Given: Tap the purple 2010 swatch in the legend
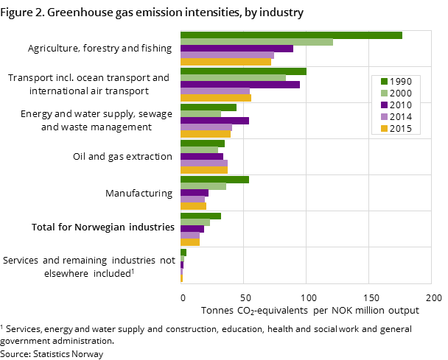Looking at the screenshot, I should point(383,105).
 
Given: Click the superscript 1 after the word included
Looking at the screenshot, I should point(133,271).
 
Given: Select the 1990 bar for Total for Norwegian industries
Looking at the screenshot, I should point(200,216).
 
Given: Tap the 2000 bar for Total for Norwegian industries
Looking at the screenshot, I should point(195,222).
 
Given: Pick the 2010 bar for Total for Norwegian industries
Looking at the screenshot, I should point(192,229).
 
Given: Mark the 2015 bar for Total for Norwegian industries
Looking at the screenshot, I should point(190,242).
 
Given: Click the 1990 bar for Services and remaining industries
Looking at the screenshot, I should point(183,252).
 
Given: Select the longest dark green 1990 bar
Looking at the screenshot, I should point(291,35).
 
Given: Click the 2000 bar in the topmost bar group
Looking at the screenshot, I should point(256,42).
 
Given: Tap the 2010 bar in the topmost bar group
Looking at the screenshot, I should point(237,49).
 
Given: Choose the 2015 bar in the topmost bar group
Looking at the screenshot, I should point(225,62).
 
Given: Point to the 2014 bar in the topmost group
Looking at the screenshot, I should point(227,55).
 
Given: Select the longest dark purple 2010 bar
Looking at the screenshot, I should point(240,85).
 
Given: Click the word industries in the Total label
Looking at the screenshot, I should point(152,227).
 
